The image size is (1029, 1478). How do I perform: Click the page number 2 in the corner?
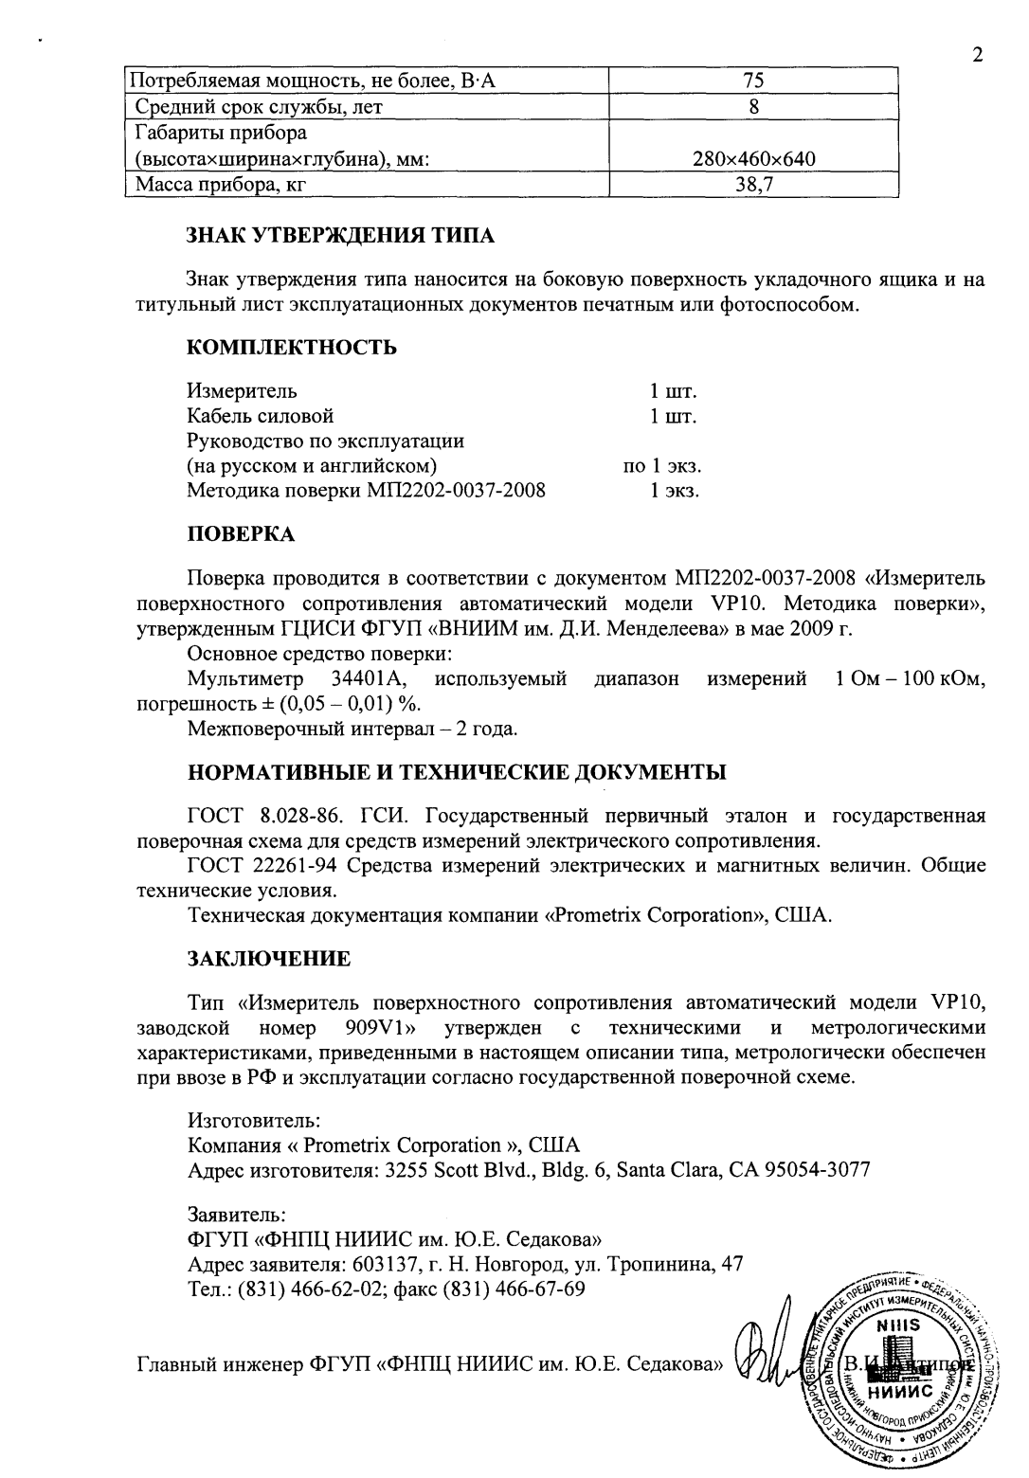tap(977, 54)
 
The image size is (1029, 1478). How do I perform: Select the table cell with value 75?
tap(753, 81)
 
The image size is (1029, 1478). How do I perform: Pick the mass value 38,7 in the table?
tap(753, 185)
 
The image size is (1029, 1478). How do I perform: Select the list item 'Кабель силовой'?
tap(261, 416)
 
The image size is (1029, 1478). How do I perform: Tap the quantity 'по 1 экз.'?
tap(661, 466)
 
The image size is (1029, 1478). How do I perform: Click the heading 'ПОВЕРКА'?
tap(242, 534)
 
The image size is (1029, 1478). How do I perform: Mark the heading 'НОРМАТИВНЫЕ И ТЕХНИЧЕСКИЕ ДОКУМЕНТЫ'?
tap(458, 771)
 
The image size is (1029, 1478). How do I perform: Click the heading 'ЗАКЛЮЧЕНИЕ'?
tap(269, 958)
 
